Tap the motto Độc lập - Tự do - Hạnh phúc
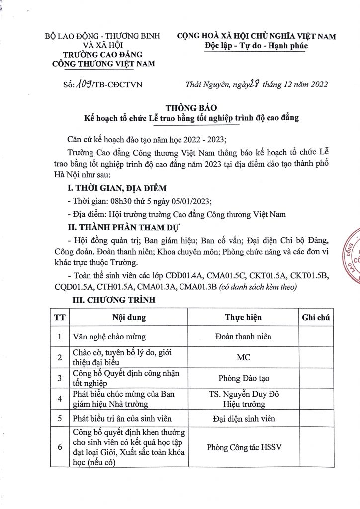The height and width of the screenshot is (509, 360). point(256,46)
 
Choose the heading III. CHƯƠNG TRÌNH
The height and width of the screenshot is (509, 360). point(114,300)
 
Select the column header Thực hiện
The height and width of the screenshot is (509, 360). point(243,318)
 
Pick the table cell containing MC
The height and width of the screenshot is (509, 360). point(243,357)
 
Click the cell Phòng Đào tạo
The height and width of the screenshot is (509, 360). point(243,379)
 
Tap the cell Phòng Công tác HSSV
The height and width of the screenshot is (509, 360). point(243,447)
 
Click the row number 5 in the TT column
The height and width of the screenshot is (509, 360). point(60,419)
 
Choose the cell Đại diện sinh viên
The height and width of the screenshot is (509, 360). point(243,419)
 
